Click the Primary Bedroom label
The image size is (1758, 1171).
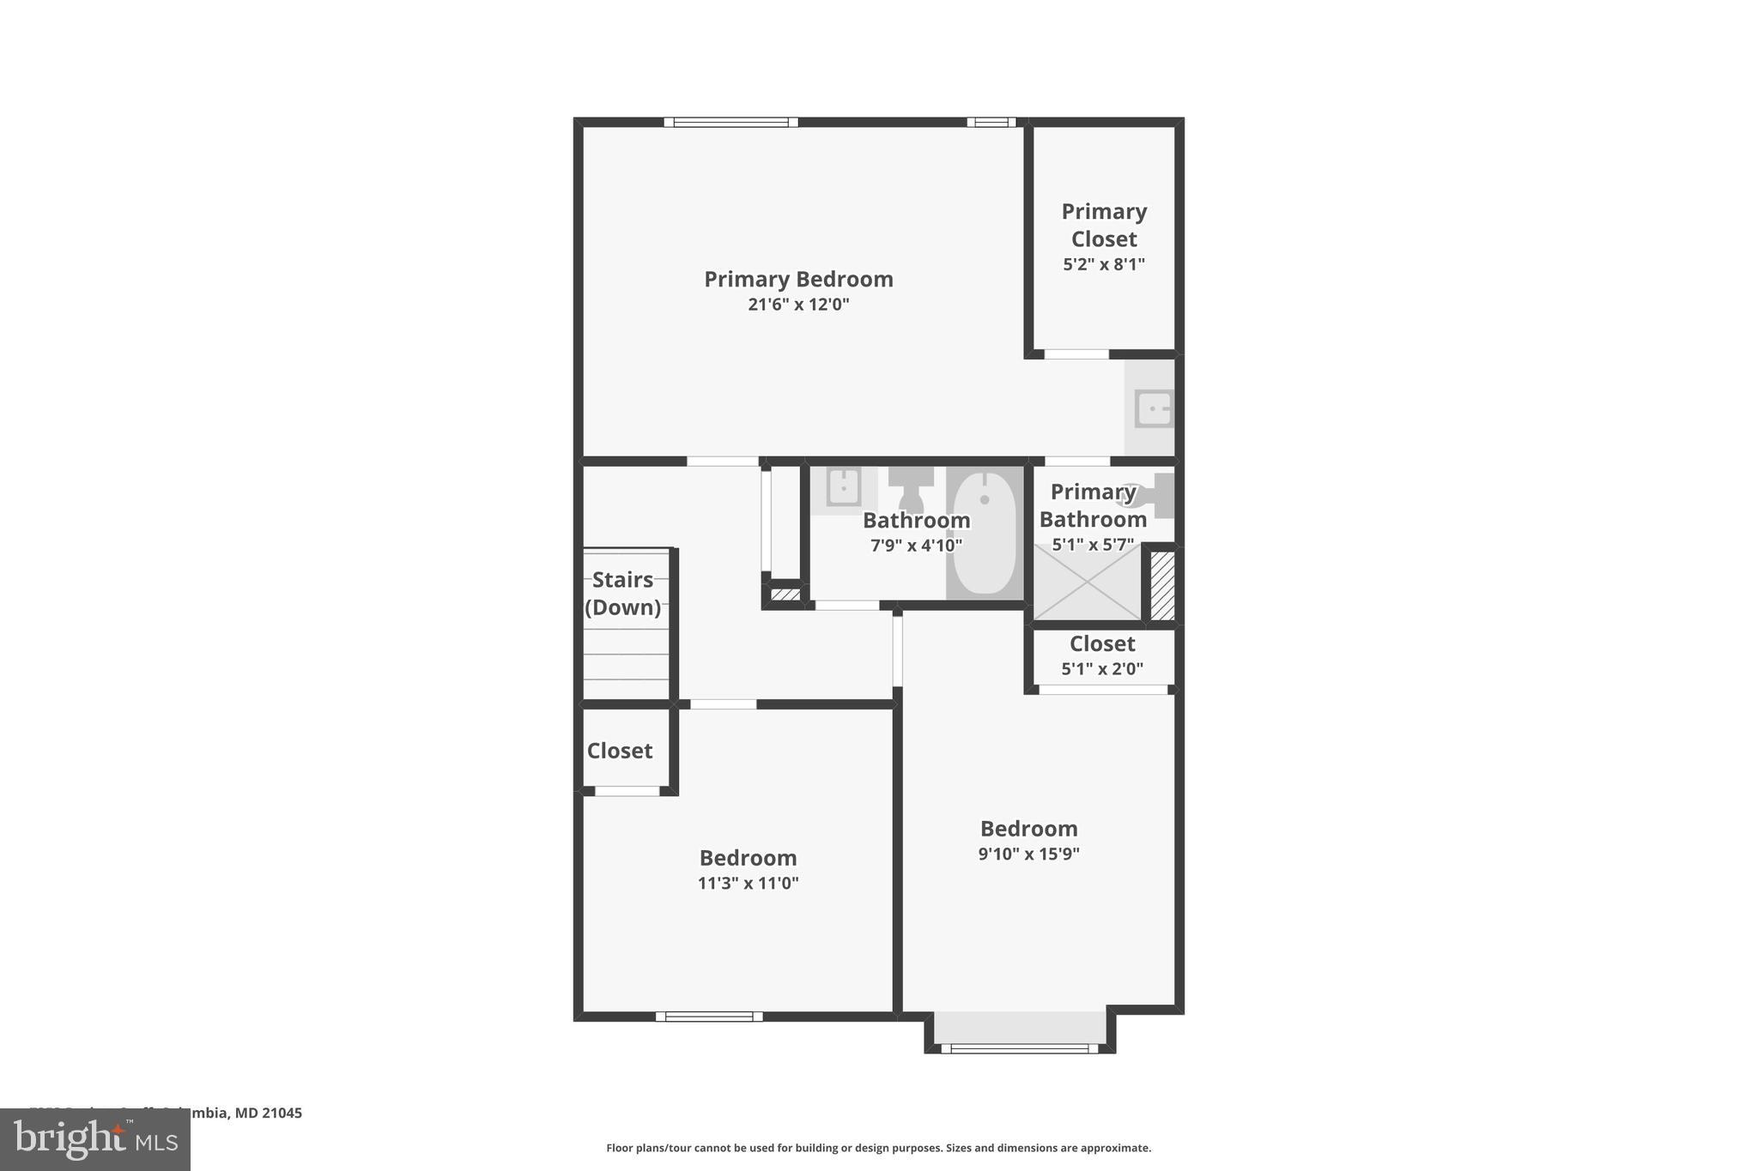pos(798,280)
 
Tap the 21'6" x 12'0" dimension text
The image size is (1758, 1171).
pos(798,305)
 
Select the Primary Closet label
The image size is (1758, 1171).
pos(1104,225)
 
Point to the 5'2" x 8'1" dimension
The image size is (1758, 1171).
pos(1104,264)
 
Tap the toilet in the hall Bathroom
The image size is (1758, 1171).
pos(910,489)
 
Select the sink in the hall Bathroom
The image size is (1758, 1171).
pos(843,487)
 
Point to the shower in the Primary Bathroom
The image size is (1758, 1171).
pos(1087,583)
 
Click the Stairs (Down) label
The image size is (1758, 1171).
pos(623,594)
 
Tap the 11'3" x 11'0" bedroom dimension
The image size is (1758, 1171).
pos(749,884)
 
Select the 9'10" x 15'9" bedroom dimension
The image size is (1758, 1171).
pos(1028,854)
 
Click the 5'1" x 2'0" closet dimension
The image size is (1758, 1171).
pos(1102,669)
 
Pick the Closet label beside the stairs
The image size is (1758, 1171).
pos(620,751)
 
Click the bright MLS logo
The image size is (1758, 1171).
pos(95,1139)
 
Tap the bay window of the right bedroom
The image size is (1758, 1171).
pos(1020,1047)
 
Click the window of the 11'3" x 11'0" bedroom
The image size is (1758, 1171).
pos(709,1017)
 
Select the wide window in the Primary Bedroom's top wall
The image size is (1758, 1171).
pos(730,123)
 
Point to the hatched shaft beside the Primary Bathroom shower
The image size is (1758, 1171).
pos(1162,585)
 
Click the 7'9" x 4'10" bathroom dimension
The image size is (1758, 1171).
pos(916,546)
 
